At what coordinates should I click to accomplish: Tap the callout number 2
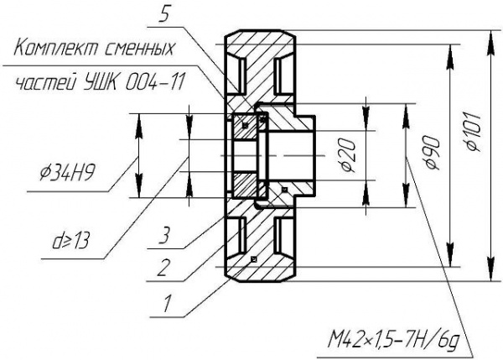[x=165, y=269]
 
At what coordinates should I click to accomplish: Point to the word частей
[x=44, y=83]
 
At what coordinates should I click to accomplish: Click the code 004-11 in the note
[x=160, y=83]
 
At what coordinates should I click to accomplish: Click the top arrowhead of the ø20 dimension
[x=366, y=110]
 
